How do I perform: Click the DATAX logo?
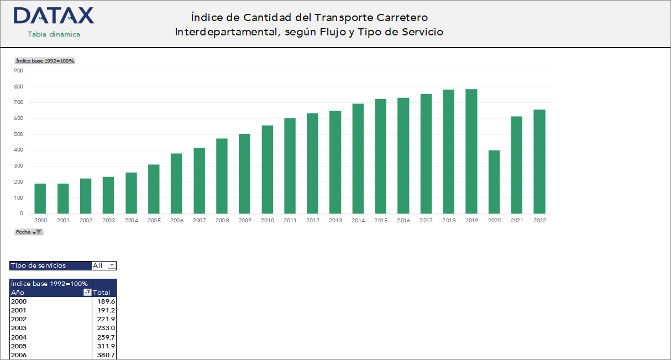pos(54,16)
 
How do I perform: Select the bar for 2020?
pos(494,182)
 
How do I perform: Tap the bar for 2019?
pos(471,152)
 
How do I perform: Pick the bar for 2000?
pos(40,199)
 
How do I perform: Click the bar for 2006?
pos(176,184)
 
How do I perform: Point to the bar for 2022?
pos(539,161)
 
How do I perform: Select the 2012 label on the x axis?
pos(312,220)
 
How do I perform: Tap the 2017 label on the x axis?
pos(426,220)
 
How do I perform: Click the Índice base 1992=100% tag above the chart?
pos(45,61)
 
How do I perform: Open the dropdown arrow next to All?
pos(112,265)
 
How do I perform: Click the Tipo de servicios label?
pos(38,265)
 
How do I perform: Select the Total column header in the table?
pos(102,293)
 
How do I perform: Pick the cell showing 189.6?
pos(106,301)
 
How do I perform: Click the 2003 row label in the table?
pos(19,328)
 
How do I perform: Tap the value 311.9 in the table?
pos(106,346)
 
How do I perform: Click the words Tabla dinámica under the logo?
pos(54,34)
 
